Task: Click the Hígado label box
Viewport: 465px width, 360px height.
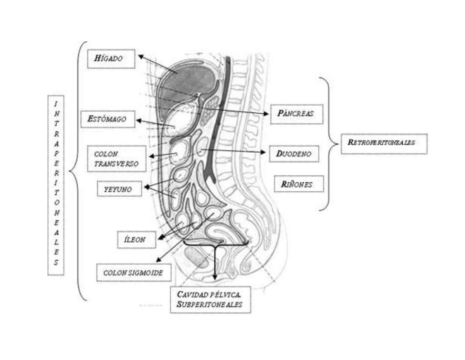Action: click(x=111, y=59)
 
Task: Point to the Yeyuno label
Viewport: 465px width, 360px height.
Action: click(x=119, y=188)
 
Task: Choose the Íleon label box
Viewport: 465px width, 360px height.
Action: click(x=136, y=240)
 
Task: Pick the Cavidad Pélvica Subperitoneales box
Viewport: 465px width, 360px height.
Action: click(x=210, y=300)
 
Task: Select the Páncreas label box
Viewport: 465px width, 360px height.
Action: click(x=297, y=114)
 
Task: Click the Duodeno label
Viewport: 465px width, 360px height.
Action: click(x=294, y=154)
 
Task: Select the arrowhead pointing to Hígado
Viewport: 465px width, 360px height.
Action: click(x=141, y=56)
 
